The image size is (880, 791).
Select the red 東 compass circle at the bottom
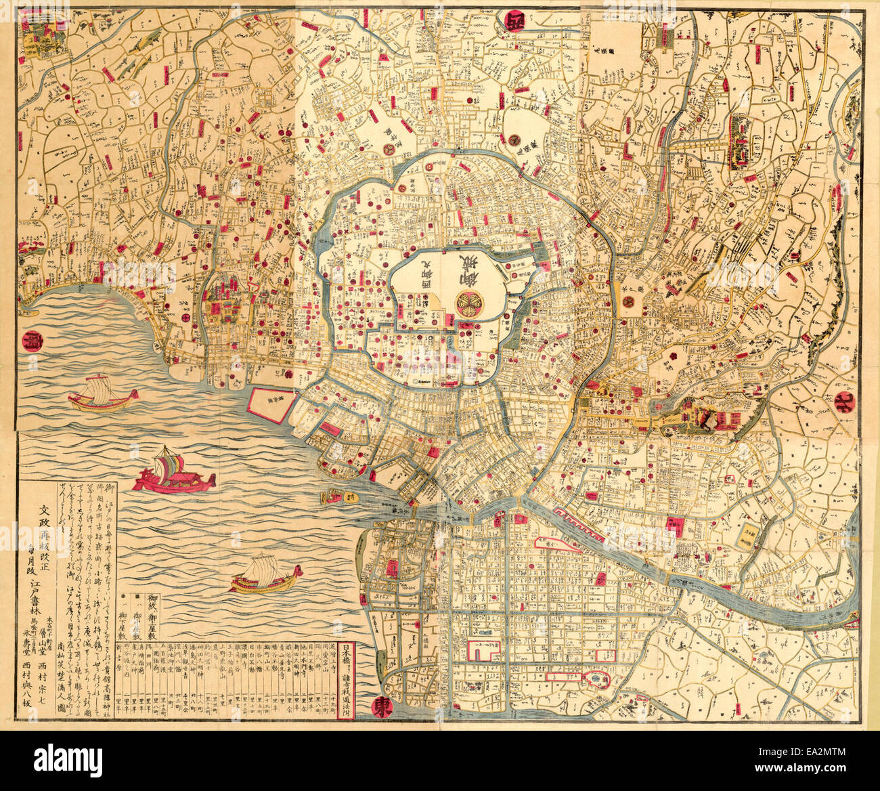384,708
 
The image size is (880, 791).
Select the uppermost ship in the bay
102,394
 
